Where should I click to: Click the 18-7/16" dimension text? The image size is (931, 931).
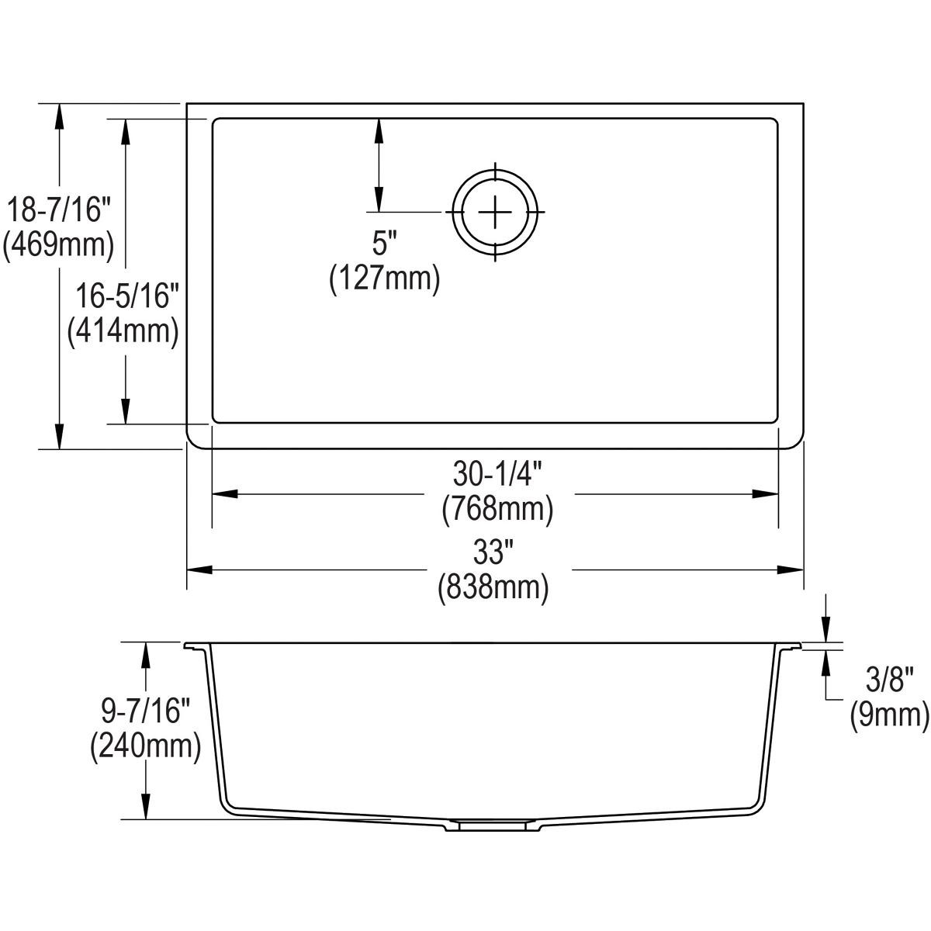[58, 211]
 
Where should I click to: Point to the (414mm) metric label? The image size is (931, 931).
[124, 331]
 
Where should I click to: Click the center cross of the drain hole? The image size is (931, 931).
[495, 212]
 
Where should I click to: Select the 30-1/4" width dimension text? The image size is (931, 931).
[497, 474]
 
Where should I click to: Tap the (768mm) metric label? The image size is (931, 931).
[497, 509]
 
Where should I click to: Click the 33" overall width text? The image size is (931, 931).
[494, 554]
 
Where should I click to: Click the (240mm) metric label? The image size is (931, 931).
[145, 747]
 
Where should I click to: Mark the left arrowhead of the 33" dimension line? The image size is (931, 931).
[199, 570]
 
